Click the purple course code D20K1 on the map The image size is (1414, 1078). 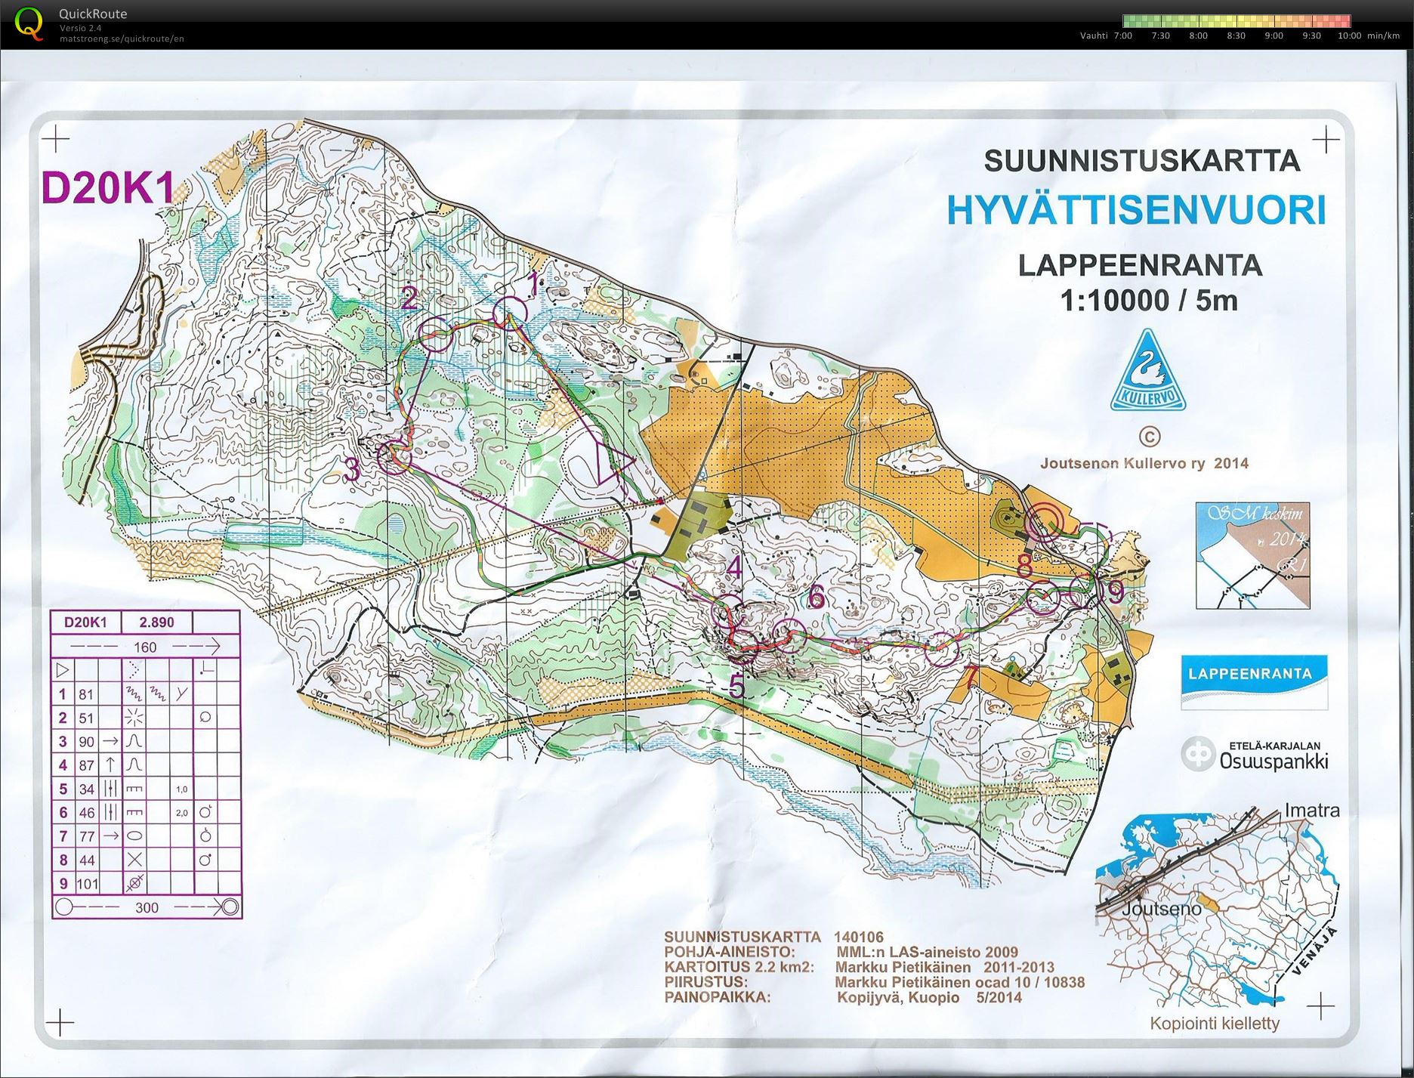tap(108, 188)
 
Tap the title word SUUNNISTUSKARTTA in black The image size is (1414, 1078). tap(1141, 161)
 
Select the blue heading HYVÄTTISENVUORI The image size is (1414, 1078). tap(1136, 210)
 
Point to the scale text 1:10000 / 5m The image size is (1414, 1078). tap(1148, 300)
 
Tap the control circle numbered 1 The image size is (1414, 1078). tap(511, 313)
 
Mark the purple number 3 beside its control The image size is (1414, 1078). tap(352, 470)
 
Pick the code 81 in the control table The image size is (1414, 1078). tap(86, 694)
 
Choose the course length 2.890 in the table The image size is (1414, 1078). tap(156, 622)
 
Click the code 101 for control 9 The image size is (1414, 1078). tap(87, 883)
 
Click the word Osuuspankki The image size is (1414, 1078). tap(1274, 761)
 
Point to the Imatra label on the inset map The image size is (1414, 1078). tap(1312, 811)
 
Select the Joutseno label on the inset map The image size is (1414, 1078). tap(1160, 909)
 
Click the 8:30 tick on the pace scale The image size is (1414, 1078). tap(1236, 36)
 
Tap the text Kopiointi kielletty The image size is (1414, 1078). tap(1215, 1024)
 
